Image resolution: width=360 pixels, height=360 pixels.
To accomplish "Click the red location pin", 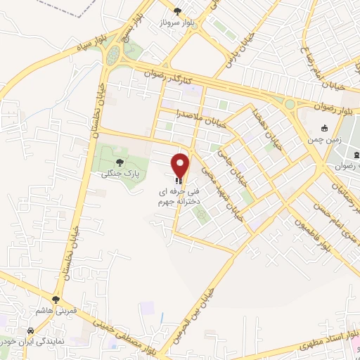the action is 181,165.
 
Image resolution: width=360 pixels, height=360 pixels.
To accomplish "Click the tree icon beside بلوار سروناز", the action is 177,11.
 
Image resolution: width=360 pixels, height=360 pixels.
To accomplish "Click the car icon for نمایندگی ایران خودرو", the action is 30,330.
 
